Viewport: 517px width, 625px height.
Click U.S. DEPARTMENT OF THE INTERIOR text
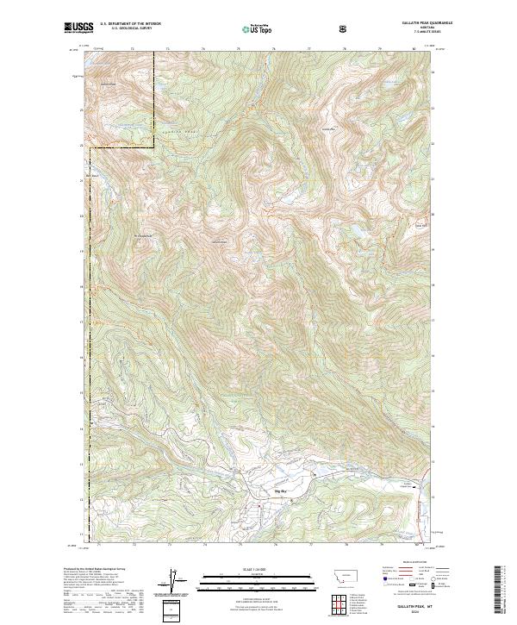[130, 23]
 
